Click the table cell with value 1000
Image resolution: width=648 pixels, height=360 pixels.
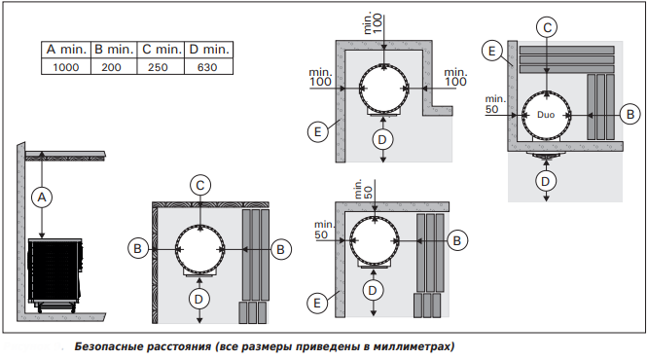pyautogui.click(x=66, y=66)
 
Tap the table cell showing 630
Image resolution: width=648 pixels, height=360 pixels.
pyautogui.click(x=208, y=66)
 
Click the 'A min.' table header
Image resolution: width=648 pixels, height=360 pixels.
pyautogui.click(x=66, y=50)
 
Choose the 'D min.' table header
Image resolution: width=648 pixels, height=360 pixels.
pyautogui.click(x=208, y=50)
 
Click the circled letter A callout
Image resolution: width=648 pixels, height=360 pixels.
pyautogui.click(x=42, y=198)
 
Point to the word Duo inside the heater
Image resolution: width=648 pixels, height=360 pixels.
pyautogui.click(x=546, y=115)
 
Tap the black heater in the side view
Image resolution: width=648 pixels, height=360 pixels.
pyautogui.click(x=55, y=270)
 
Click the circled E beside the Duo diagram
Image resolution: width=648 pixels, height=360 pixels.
pyautogui.click(x=491, y=51)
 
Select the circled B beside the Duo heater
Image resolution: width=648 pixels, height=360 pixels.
pyautogui.click(x=630, y=114)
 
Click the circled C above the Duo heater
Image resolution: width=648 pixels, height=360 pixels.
pyautogui.click(x=547, y=27)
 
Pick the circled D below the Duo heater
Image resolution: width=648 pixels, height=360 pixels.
pyautogui.click(x=546, y=181)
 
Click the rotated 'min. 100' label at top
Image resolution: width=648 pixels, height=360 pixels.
pyautogui.click(x=373, y=23)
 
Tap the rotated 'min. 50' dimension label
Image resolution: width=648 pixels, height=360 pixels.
pyautogui.click(x=363, y=190)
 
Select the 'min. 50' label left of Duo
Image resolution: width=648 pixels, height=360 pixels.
pyautogui.click(x=495, y=104)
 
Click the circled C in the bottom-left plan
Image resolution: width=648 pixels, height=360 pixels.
pyautogui.click(x=200, y=185)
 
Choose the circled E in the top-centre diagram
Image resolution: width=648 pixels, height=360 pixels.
pyautogui.click(x=317, y=132)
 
